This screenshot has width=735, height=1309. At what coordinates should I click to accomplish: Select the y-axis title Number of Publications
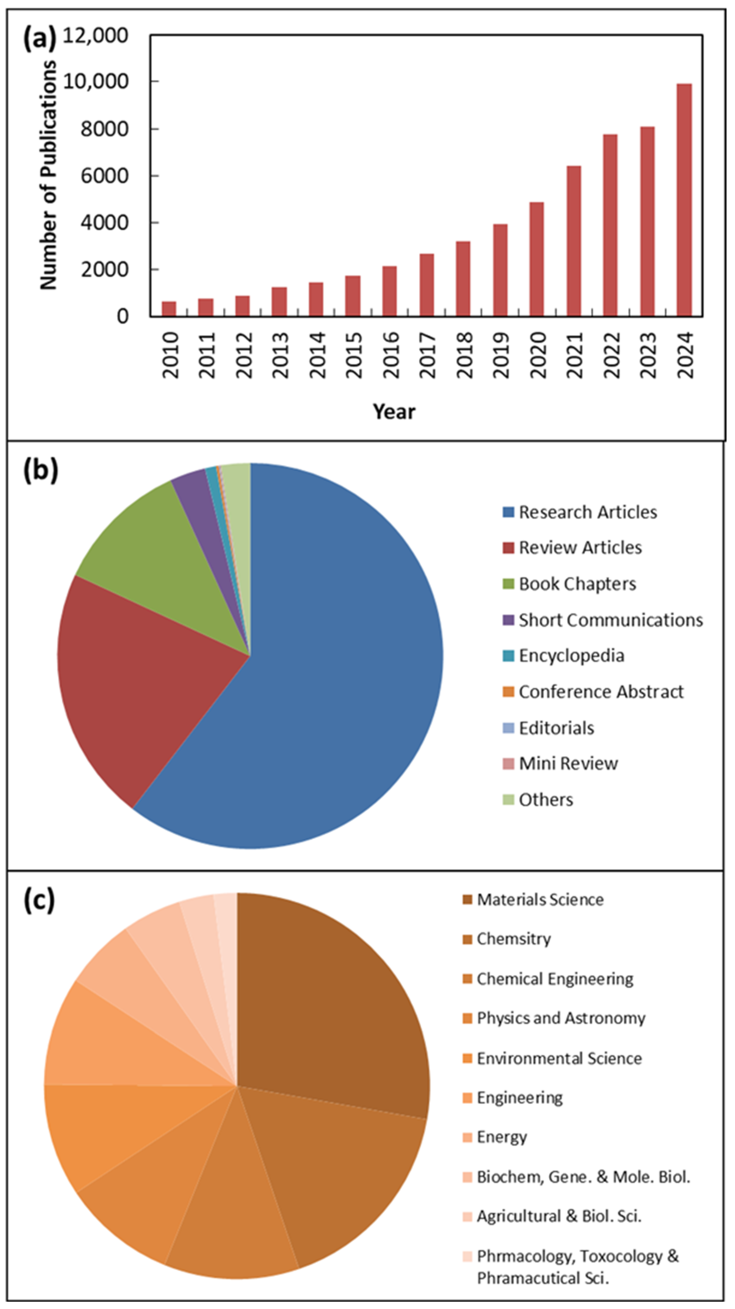point(49,175)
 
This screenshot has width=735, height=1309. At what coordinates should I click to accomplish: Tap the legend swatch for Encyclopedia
point(508,656)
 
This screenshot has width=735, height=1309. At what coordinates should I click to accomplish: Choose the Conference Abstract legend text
point(601,692)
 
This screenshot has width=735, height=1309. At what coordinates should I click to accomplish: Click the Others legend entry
point(546,800)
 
